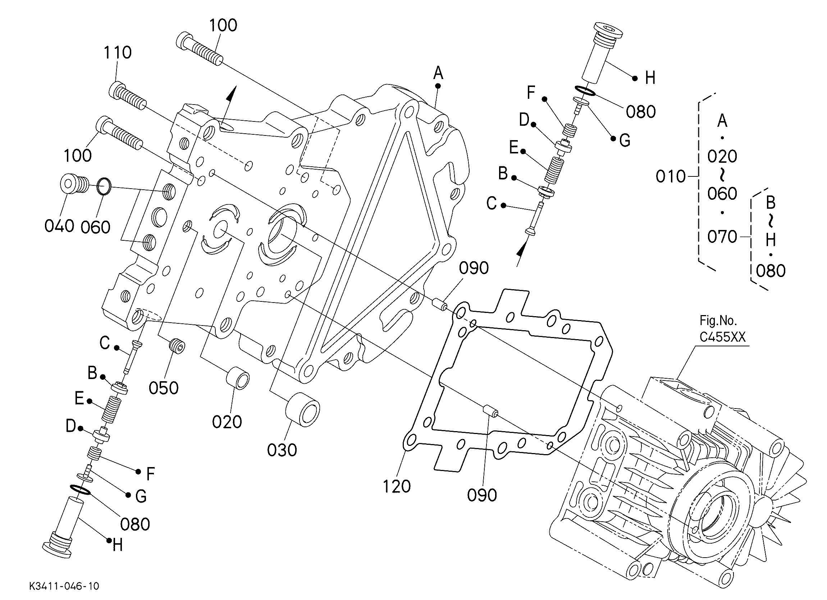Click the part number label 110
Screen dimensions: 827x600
pos(118,52)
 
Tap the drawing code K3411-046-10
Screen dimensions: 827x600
pos(64,586)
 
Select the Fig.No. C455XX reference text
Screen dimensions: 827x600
pos(722,329)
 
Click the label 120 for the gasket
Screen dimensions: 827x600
pos(396,486)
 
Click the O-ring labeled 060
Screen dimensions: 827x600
pos(104,186)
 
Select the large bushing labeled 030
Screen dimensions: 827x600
pos(302,409)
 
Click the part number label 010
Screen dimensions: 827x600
pos(671,177)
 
